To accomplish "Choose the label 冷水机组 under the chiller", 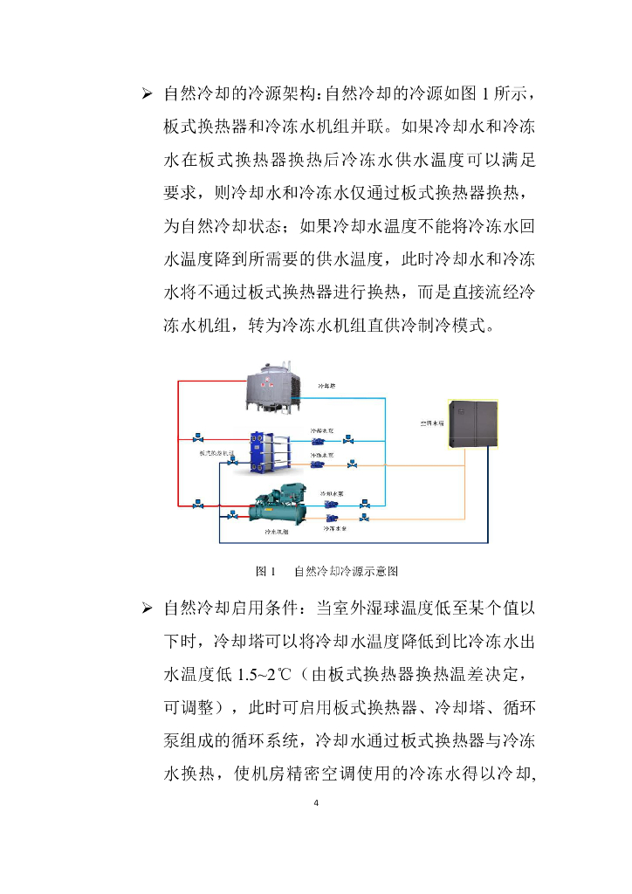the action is pos(278,531).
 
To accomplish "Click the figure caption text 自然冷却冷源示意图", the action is pos(347,572).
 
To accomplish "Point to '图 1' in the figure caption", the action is pos(264,572).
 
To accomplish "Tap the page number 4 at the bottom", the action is pos(316,803).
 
